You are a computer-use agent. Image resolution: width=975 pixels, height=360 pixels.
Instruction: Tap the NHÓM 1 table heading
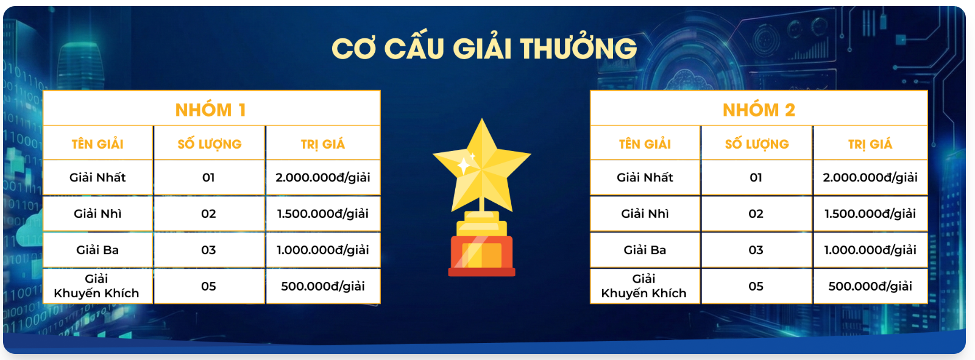[211, 110]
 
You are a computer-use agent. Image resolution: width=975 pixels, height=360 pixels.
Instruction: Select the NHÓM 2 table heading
[759, 110]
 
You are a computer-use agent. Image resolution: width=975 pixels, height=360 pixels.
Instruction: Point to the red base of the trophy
[482, 255]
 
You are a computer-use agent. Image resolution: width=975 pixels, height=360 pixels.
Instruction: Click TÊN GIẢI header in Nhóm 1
[97, 143]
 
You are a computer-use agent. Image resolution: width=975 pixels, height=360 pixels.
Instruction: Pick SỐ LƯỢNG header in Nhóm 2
[757, 143]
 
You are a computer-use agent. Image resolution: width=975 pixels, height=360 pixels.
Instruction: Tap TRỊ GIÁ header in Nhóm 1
[323, 144]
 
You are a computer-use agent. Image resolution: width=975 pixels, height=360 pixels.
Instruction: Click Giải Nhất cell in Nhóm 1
[97, 177]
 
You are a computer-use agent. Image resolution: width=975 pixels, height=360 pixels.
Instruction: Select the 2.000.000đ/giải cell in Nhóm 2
[870, 177]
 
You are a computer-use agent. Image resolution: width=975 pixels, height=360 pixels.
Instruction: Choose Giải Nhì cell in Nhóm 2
[645, 213]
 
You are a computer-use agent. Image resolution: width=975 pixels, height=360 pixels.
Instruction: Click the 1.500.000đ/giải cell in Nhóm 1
[323, 213]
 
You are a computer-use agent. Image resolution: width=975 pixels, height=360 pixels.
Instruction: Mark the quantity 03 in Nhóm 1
[208, 250]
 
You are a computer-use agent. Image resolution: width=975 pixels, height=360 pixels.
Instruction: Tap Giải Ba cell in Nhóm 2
[645, 249]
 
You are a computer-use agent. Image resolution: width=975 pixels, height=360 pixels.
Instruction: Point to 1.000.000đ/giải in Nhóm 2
[870, 249]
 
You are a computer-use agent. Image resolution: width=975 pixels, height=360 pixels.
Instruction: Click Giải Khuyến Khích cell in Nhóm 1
[97, 286]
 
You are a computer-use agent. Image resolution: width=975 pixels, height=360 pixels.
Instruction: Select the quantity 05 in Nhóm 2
[756, 286]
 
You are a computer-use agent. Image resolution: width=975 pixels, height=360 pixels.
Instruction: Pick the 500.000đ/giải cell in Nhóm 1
[323, 286]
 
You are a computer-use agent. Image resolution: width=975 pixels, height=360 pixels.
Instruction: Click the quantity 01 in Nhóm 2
[756, 177]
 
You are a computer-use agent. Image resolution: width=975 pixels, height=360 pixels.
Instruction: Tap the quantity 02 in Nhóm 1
[208, 214]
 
